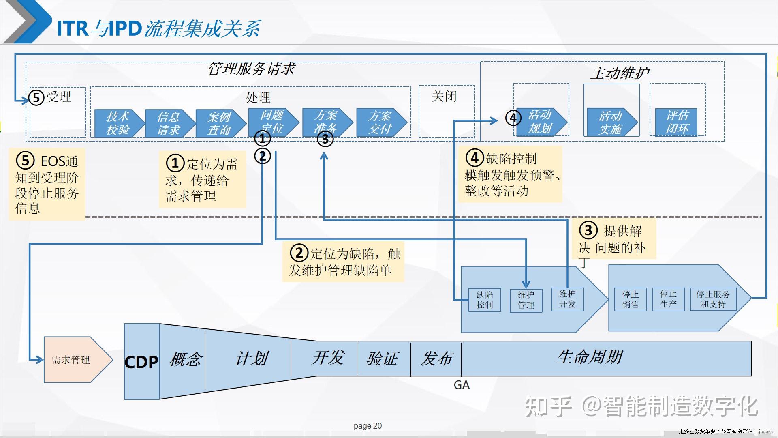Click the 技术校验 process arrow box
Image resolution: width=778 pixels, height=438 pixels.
[118, 123]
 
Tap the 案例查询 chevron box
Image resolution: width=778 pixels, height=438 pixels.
[219, 123]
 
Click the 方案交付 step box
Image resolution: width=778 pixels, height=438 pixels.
[380, 122]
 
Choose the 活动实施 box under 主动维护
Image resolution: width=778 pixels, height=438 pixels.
[611, 122]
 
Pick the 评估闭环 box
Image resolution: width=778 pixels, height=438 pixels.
[676, 122]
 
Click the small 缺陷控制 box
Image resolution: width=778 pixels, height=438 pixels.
[485, 300]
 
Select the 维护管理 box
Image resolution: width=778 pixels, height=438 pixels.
[526, 300]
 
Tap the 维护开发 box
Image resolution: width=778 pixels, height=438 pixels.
[567, 299]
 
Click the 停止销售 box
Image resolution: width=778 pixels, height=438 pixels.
[631, 299]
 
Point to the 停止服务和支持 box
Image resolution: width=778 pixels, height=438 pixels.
[713, 299]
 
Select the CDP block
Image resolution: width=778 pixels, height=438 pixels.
[141, 362]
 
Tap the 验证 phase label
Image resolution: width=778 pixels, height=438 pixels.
[383, 359]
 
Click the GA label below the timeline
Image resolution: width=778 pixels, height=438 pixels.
[462, 385]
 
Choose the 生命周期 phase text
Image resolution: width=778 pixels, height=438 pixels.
[590, 357]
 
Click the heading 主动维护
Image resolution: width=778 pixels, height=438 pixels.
[620, 73]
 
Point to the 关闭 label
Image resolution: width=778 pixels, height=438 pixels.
[444, 97]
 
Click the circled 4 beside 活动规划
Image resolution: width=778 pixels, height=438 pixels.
[513, 118]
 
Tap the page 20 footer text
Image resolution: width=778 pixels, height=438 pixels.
[368, 426]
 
